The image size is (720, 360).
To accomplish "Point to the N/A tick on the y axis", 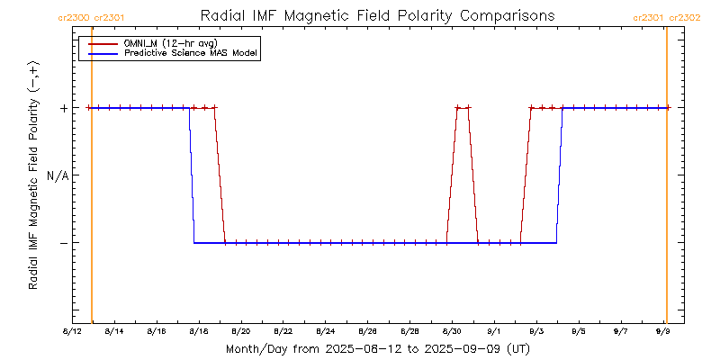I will coord(57,175).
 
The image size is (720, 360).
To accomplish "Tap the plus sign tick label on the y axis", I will coord(63,108).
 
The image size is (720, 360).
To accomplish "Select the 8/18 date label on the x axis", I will coord(198,332).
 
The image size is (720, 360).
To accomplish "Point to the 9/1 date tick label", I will coord(494,332).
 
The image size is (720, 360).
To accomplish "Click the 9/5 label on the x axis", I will coord(579,332).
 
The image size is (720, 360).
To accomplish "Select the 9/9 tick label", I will coord(663,332).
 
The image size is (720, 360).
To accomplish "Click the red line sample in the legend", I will coord(103,43).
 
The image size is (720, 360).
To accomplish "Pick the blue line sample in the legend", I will coord(103,54).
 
